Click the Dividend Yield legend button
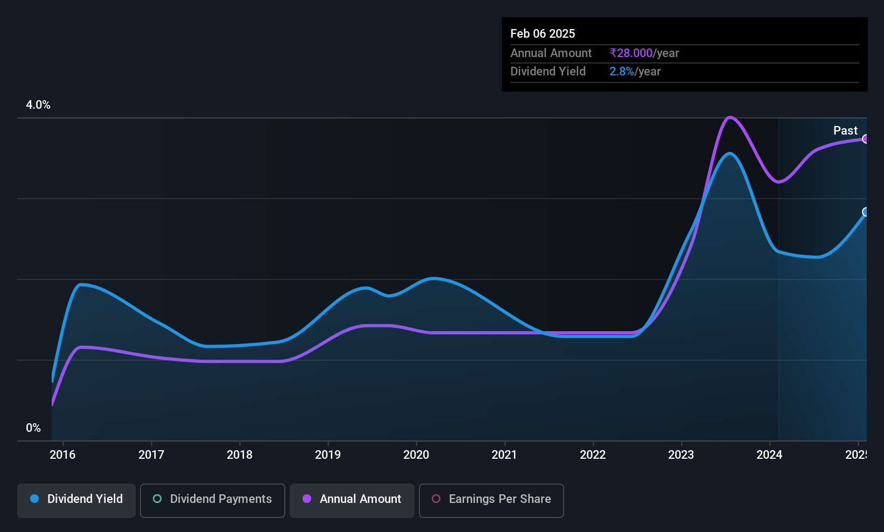[76, 500]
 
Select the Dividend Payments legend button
[212, 500]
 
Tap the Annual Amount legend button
[352, 500]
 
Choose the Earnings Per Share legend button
[492, 500]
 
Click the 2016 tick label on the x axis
[62, 454]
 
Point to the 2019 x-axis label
[327, 454]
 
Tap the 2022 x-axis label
[593, 454]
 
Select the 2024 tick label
[769, 454]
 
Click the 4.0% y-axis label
[38, 105]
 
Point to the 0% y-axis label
[33, 428]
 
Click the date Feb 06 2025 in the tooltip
[543, 33]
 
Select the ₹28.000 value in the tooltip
[630, 53]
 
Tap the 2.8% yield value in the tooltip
[622, 72]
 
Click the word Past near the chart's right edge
[845, 130]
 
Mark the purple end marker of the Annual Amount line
[865, 139]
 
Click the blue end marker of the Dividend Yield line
[865, 212]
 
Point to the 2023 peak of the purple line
[730, 117]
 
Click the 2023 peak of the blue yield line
[730, 154]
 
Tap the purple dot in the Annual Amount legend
[307, 499]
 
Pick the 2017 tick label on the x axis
[151, 454]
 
